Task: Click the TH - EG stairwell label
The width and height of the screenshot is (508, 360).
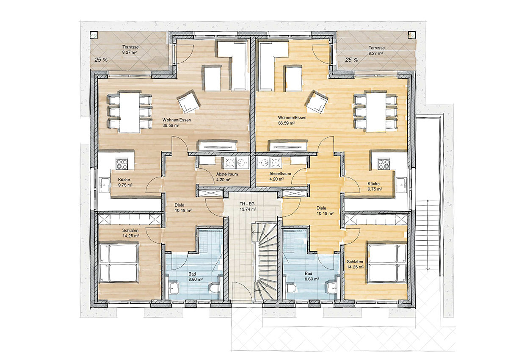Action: click(248, 206)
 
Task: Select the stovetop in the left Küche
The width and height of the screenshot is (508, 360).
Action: click(121, 164)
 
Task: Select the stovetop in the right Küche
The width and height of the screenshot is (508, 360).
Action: click(384, 164)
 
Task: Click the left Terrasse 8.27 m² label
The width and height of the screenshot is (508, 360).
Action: click(130, 50)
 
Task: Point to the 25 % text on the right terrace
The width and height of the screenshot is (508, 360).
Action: click(351, 60)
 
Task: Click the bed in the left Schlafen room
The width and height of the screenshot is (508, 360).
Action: click(119, 263)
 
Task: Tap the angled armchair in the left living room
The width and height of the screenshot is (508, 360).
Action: click(189, 101)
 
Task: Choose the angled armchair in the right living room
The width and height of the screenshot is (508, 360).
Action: click(317, 102)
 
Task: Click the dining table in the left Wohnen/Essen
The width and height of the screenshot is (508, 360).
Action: click(130, 111)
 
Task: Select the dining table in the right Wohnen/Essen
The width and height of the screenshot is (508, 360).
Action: click(375, 111)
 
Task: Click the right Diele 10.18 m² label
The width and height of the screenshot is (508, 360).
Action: click(325, 210)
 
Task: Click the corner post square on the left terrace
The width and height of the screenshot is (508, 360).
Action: click(94, 35)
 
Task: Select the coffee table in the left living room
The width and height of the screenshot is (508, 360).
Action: click(213, 78)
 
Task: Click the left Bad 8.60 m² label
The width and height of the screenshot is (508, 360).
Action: click(196, 277)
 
